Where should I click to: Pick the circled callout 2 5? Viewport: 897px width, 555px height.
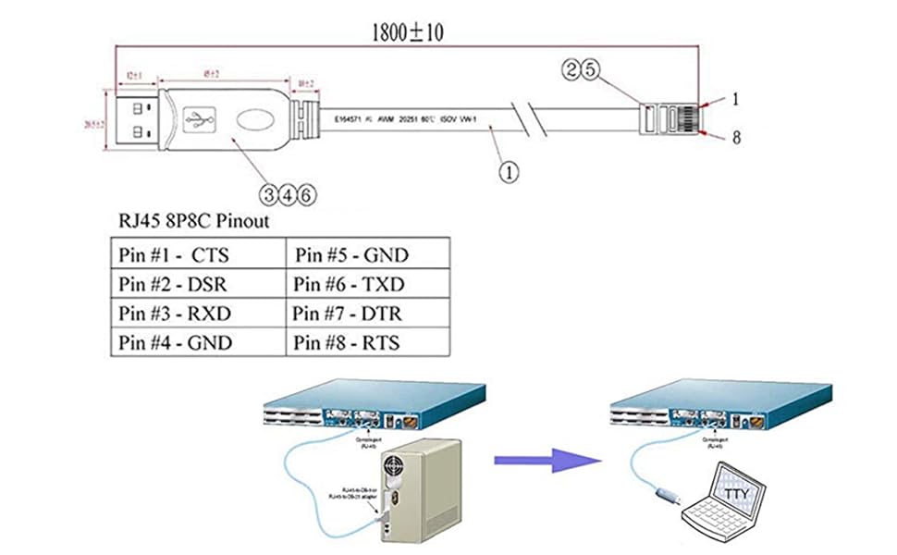pyautogui.click(x=584, y=68)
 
